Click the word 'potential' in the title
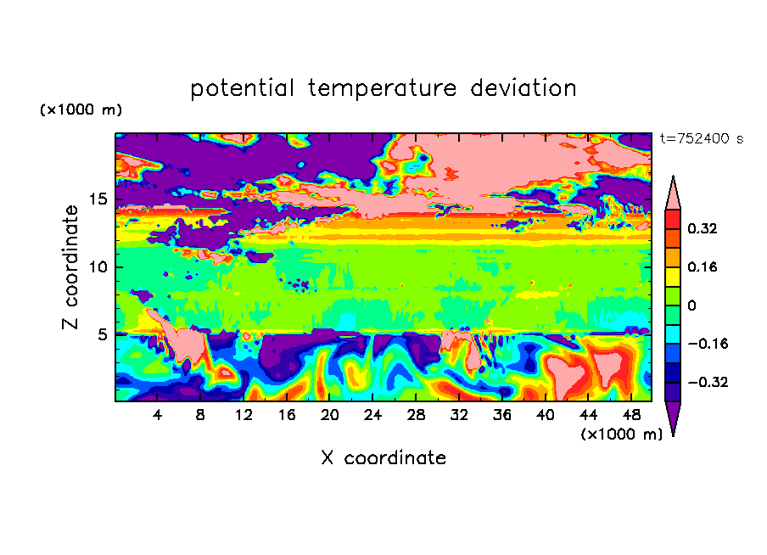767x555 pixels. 243,89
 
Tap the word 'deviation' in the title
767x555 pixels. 523,88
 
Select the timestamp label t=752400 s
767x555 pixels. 702,139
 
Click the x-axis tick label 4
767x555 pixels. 157,415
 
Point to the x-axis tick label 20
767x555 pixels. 329,415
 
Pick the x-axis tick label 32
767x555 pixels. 459,415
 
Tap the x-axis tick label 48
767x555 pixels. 631,415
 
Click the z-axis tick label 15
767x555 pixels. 98,199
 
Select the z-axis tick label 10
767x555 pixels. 98,266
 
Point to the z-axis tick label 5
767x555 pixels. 102,334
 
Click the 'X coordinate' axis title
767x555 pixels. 383,458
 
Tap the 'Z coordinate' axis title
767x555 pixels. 70,267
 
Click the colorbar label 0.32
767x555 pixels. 702,228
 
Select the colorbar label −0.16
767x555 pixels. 708,344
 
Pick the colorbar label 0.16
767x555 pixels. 702,266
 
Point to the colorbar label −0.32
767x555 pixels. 708,382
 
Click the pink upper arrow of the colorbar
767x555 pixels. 673,195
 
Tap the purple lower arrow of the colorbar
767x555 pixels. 673,416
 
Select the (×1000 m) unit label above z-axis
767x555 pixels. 81,109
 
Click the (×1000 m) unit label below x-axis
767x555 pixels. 621,434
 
